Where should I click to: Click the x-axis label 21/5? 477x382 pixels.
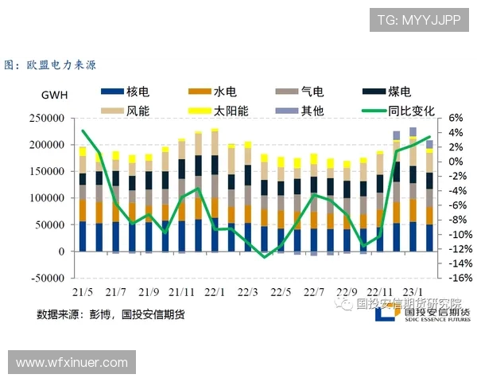(x=83, y=291)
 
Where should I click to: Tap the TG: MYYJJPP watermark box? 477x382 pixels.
(x=418, y=19)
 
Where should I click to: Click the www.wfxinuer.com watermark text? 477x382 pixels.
(x=72, y=362)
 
